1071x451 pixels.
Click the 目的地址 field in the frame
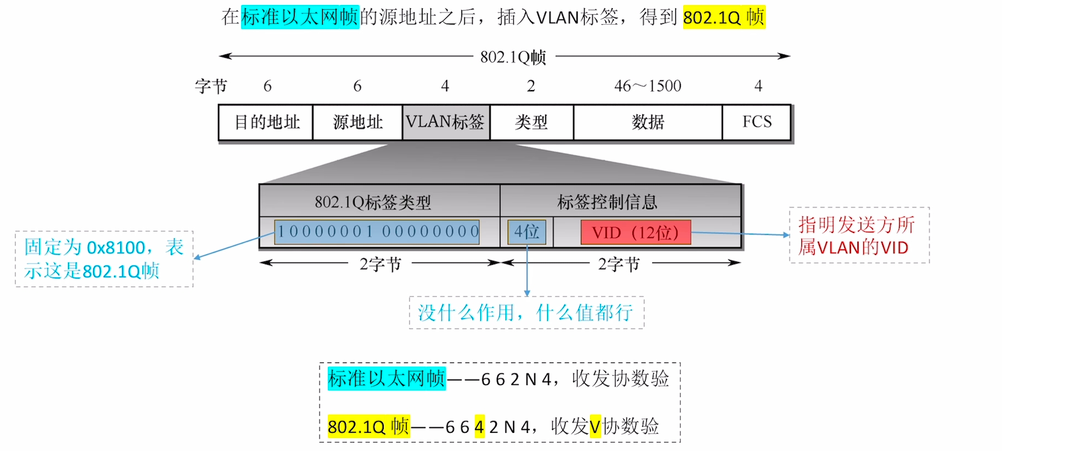point(266,122)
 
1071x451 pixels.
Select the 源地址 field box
point(357,122)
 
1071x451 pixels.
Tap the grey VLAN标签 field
point(446,122)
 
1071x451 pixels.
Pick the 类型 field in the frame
point(531,122)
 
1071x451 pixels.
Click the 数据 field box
point(648,122)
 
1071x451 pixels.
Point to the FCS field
point(757,122)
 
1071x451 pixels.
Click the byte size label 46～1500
point(648,86)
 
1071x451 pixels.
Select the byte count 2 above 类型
point(531,86)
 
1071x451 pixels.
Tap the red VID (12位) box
point(635,232)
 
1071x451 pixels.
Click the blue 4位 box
point(526,232)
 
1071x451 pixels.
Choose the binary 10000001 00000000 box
point(377,232)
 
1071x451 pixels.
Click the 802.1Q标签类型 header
point(373,202)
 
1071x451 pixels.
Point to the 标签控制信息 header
point(607,202)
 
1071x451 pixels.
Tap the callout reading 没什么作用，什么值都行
point(526,313)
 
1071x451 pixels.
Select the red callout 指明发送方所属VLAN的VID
point(859,236)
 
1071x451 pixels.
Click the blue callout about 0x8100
point(104,259)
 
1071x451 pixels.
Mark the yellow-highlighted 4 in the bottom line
point(479,426)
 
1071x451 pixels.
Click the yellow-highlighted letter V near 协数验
point(595,426)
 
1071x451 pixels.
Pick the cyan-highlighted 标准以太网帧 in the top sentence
point(300,17)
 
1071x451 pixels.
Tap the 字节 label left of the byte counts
point(211,86)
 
